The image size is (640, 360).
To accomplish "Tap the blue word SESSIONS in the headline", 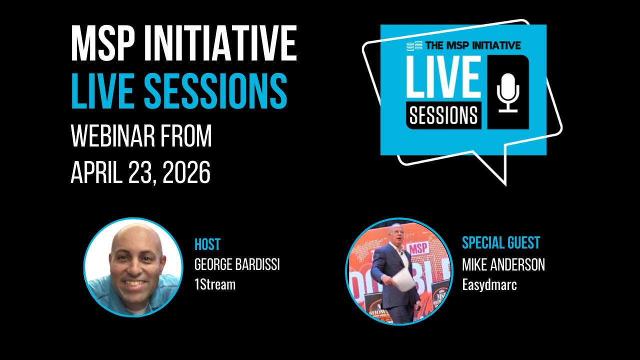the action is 215,90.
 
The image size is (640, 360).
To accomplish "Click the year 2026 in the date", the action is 186,172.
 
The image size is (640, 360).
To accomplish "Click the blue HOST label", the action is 207,244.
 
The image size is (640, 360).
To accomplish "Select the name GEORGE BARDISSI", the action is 237,264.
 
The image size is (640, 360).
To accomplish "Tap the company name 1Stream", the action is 215,284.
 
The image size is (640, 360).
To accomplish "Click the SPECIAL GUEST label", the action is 501,243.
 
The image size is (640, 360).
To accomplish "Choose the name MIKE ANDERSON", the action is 503,264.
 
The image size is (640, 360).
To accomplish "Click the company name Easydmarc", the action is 489,285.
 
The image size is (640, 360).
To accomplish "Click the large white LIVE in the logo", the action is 444,76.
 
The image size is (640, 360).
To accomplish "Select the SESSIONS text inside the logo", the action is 443,115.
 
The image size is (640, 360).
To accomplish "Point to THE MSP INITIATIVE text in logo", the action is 473,45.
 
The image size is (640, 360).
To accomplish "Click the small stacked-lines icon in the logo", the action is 414,45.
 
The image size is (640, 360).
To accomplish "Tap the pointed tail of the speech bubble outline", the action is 506,185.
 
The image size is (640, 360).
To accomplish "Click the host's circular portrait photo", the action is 133,267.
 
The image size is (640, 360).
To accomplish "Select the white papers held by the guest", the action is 403,280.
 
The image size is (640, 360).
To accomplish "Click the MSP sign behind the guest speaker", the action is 418,248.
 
